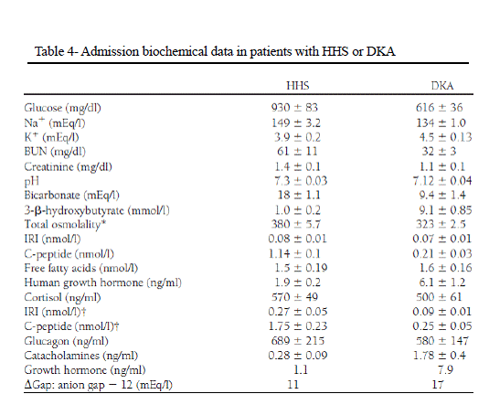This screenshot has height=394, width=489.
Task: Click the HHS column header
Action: click(x=298, y=86)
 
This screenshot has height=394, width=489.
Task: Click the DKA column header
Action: click(x=442, y=86)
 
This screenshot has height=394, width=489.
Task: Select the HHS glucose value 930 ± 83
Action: click(x=294, y=107)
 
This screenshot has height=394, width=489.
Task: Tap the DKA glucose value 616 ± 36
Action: click(x=439, y=107)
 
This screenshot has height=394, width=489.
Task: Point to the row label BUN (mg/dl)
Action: click(x=55, y=152)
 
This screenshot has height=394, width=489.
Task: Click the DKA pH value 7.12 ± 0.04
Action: click(x=442, y=181)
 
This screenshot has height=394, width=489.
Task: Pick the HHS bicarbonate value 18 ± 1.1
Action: click(x=299, y=195)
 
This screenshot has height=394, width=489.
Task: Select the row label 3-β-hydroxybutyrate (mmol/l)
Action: click(x=97, y=210)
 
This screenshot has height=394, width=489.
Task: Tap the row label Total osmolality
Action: click(x=65, y=224)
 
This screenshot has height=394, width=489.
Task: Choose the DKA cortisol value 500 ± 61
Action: click(x=439, y=297)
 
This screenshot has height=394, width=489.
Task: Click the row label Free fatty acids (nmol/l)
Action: click(x=81, y=268)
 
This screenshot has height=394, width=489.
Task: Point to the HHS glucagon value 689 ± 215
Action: click(x=298, y=340)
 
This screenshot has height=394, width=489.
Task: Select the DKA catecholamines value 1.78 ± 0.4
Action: click(x=440, y=355)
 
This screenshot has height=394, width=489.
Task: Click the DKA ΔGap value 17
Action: click(x=438, y=384)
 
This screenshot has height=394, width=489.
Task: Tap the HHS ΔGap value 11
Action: click(x=292, y=384)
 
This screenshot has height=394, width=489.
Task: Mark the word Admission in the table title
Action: click(x=110, y=51)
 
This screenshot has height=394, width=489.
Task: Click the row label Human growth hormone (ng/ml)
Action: click(x=103, y=282)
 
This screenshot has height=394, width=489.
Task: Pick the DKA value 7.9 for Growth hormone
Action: click(x=445, y=369)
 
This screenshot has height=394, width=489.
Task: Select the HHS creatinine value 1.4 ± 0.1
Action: click(x=297, y=166)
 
